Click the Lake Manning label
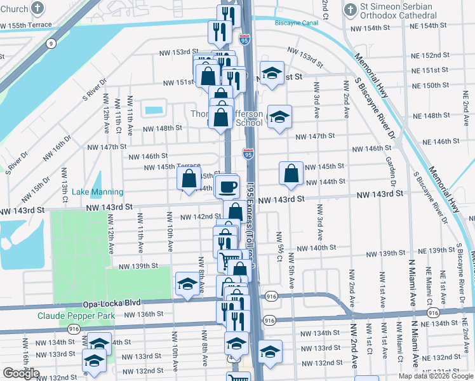coord(95,192)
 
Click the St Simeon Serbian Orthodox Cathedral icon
coord(350,10)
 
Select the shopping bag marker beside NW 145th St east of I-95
coord(291,173)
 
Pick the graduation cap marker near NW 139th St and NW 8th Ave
coord(188,285)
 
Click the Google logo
coord(21,373)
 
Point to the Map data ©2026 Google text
coord(436,376)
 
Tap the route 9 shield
coord(50,43)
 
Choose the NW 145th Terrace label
coord(172,167)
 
